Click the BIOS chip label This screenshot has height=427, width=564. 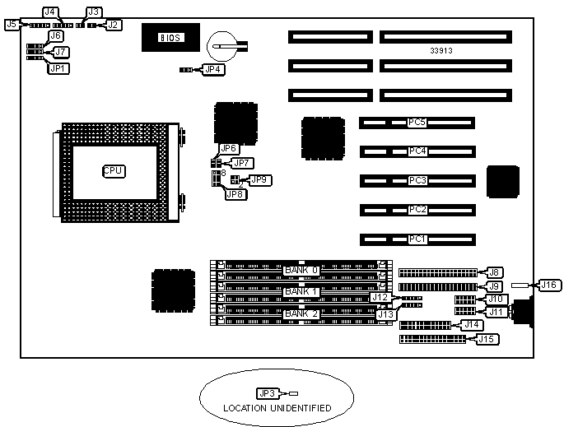click(170, 38)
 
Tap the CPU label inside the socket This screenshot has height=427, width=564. click(113, 171)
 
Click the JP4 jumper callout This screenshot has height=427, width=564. click(212, 70)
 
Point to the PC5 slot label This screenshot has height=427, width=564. click(417, 123)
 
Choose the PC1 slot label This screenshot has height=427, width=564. click(417, 239)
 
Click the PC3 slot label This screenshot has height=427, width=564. click(417, 180)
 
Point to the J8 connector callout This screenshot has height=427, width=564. click(495, 272)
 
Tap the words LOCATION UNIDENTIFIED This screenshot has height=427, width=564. click(277, 408)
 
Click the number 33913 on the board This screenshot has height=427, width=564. click(442, 51)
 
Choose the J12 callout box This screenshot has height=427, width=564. click(380, 297)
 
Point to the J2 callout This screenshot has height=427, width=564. click(113, 25)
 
